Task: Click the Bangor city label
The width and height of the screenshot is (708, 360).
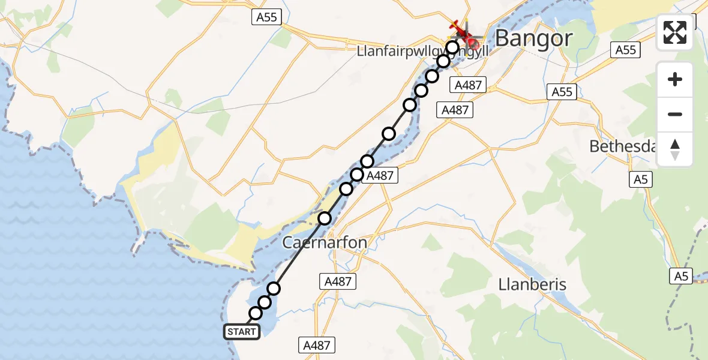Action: [533, 38]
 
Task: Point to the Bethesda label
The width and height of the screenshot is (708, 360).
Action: [622, 146]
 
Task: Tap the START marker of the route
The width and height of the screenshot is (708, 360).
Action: [242, 331]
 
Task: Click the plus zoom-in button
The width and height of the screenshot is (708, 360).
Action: [675, 79]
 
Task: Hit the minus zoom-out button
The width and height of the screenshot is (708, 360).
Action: [675, 114]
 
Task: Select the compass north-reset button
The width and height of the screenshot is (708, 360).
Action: [675, 149]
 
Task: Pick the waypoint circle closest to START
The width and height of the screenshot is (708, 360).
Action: [256, 313]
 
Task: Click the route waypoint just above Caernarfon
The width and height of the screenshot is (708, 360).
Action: [325, 218]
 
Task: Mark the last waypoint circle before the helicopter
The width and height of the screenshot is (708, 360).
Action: [452, 47]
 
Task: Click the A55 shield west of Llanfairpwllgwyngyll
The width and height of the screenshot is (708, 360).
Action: [266, 17]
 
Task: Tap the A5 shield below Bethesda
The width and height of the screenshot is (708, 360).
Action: [641, 179]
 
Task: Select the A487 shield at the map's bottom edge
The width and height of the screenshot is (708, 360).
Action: [316, 344]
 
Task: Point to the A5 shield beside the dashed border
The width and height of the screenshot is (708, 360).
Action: [681, 276]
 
